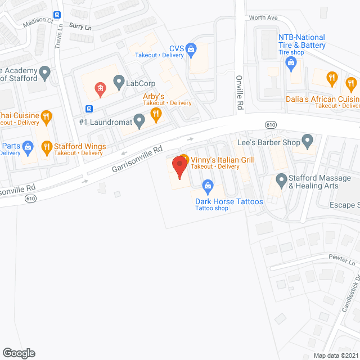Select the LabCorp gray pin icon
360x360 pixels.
(x=119, y=83)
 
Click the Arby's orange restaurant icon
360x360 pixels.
(x=156, y=115)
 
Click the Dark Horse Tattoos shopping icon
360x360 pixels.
(x=208, y=185)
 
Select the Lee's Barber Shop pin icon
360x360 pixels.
(x=307, y=139)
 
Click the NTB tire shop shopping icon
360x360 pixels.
(x=291, y=63)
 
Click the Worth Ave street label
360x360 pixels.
(x=263, y=18)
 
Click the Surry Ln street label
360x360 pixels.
(x=80, y=26)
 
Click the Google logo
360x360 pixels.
(x=18, y=353)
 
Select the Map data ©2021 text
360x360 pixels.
(x=335, y=355)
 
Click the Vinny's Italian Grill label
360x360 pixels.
(x=223, y=160)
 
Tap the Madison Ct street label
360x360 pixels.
(x=38, y=22)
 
